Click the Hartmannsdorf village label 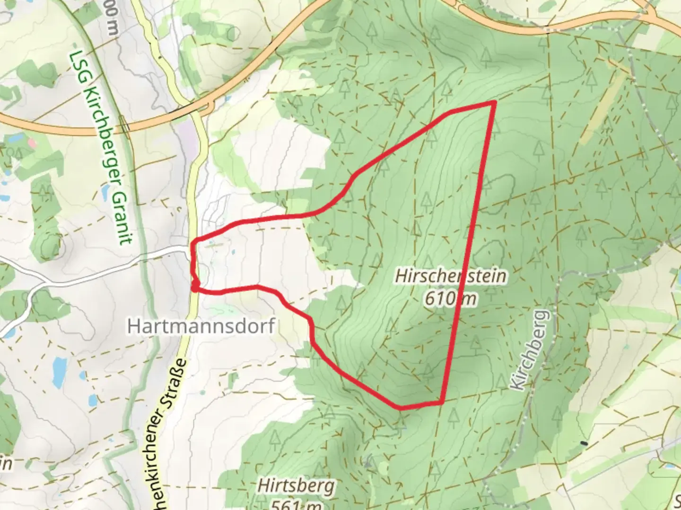[x=201, y=326]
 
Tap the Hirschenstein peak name [x=451, y=276]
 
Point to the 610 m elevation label [x=450, y=298]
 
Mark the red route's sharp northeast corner [x=494, y=102]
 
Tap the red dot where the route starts [x=195, y=285]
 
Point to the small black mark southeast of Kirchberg [x=584, y=443]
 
